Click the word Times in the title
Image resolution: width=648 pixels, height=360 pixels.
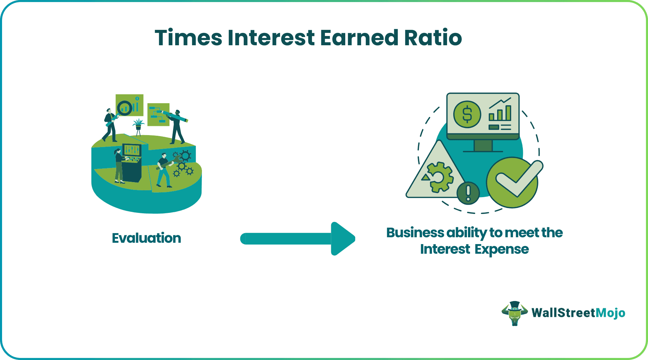tap(188, 37)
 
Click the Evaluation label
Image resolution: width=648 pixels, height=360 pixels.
tap(146, 238)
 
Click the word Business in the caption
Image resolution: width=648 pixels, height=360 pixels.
tap(415, 232)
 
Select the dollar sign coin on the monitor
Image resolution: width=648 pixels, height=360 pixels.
tap(467, 115)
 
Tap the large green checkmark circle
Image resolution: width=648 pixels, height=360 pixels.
tap(513, 182)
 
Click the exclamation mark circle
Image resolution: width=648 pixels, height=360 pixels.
tap(468, 193)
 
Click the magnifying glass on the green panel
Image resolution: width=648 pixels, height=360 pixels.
tap(125, 108)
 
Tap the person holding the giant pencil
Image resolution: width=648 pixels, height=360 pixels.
tap(177, 127)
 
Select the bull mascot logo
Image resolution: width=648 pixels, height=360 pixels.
tap(514, 313)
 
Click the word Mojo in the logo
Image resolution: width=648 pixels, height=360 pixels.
tap(610, 313)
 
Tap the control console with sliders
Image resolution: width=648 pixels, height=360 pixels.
tap(132, 161)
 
